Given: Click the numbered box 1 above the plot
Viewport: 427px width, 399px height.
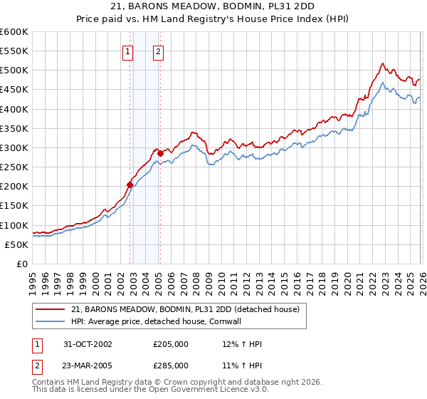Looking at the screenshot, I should [x=127, y=51].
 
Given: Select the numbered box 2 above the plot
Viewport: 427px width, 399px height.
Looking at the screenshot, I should [x=157, y=51].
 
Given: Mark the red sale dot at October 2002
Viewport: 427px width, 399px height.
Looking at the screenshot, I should [x=130, y=185].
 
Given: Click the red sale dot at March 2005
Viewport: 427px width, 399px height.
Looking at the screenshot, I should [x=161, y=153].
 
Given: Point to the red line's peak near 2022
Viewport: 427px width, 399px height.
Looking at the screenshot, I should [x=382, y=63].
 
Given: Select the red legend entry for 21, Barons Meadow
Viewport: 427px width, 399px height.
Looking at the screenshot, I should [x=187, y=309].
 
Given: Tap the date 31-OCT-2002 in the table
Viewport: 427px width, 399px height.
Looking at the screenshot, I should [x=87, y=344].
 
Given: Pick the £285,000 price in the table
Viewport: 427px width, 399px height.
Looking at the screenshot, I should [x=171, y=365].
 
